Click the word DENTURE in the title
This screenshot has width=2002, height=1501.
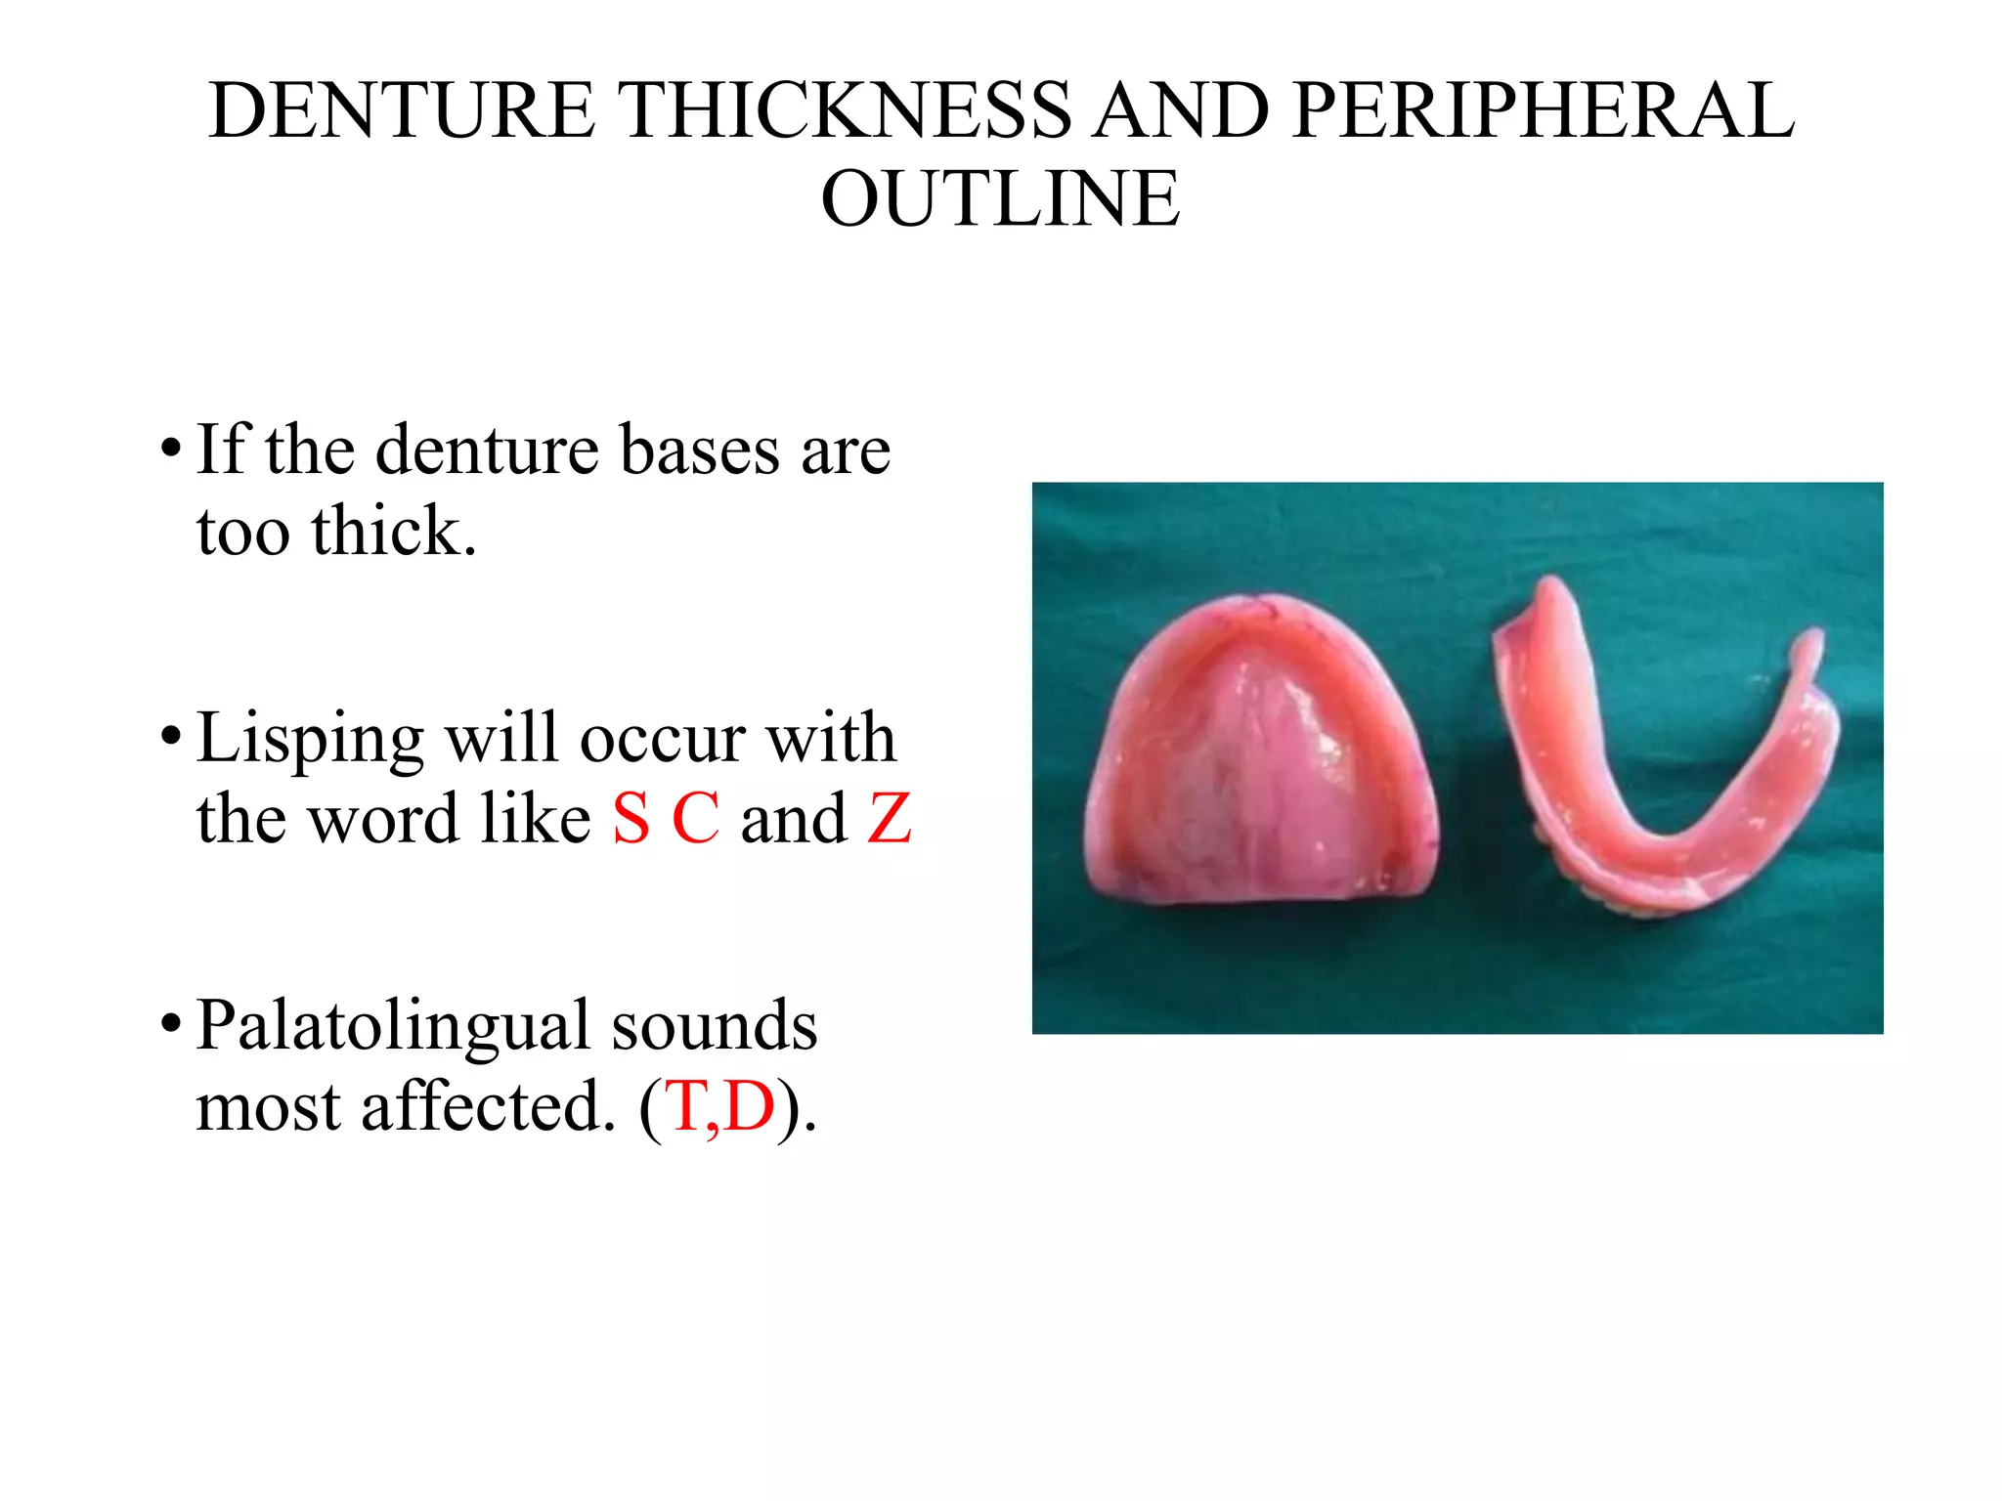pos(402,109)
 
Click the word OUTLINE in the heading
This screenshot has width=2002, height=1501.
pos(1000,198)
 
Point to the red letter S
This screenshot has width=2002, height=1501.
pos(631,819)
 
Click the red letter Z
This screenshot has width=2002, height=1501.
pos(890,819)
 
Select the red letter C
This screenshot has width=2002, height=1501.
pos(696,819)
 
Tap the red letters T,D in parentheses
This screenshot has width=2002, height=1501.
pos(720,1107)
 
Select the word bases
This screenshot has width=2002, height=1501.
pos(700,450)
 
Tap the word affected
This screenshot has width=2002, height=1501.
pos(490,1107)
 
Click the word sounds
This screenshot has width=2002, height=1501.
pos(715,1026)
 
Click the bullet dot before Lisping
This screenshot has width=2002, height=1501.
pos(171,736)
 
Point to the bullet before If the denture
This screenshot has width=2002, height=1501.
pos(171,449)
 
